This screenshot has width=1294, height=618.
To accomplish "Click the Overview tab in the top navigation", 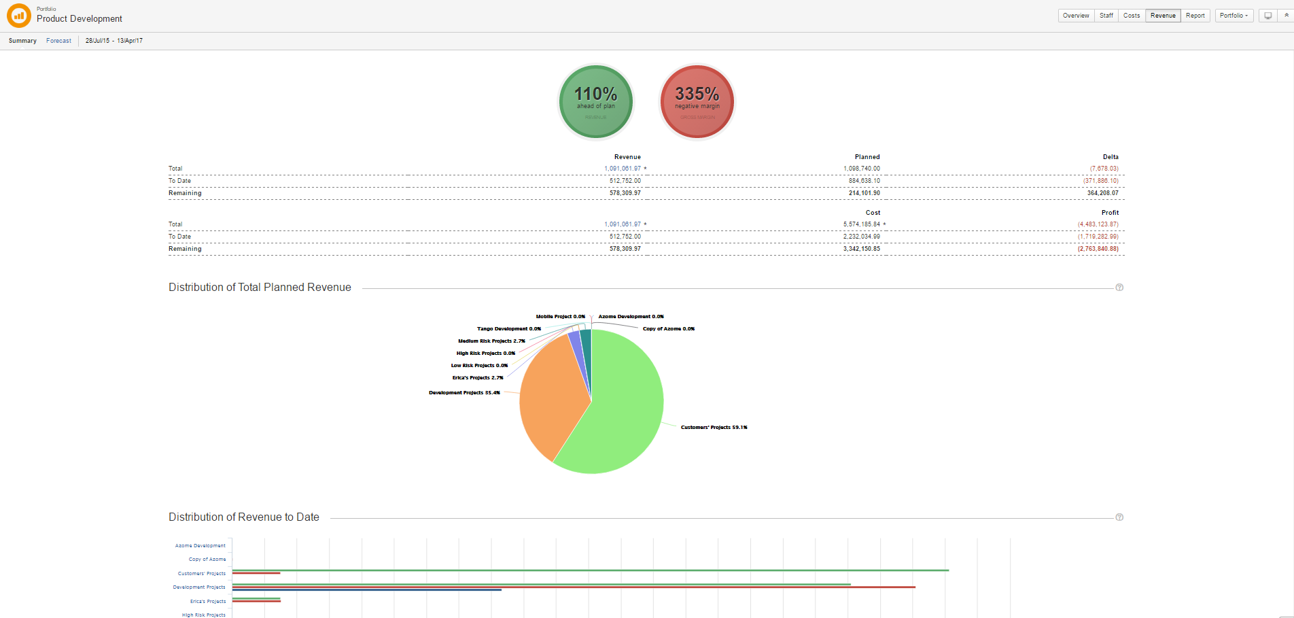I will (1076, 16).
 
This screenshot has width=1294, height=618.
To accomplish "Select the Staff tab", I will (1106, 16).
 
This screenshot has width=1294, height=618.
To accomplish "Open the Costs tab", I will (1132, 16).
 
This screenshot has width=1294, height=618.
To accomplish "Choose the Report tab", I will (1195, 16).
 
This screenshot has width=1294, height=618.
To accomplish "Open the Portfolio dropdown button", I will (1234, 16).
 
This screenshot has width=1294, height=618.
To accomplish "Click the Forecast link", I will (58, 41).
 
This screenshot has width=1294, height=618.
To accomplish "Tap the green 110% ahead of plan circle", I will (596, 101).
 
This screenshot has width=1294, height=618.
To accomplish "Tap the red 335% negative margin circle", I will (697, 101).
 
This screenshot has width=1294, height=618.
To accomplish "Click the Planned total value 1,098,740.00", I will (861, 169).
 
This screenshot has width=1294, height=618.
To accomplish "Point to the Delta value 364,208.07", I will (1102, 193).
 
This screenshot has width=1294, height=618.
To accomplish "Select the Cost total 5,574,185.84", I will (862, 224).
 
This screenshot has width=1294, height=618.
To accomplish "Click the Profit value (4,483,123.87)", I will (1098, 224).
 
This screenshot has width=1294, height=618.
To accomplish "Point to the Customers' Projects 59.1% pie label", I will (714, 428).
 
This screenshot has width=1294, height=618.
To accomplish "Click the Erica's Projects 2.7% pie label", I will (478, 378).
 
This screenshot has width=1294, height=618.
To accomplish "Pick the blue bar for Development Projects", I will (367, 589).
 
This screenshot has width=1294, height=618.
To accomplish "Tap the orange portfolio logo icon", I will (19, 16).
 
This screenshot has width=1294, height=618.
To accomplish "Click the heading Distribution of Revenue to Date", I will (244, 517).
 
